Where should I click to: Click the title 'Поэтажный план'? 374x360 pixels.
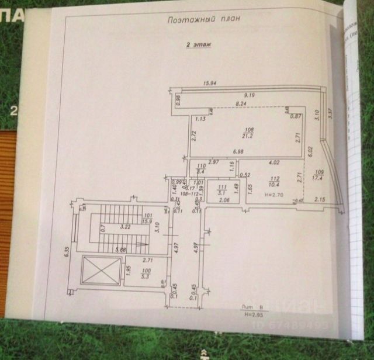coord(204,19)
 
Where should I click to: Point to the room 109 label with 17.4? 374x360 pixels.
coord(319,174)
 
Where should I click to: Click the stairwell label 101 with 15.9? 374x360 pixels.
coord(147,219)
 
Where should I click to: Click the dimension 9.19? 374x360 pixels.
coord(250,95)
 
